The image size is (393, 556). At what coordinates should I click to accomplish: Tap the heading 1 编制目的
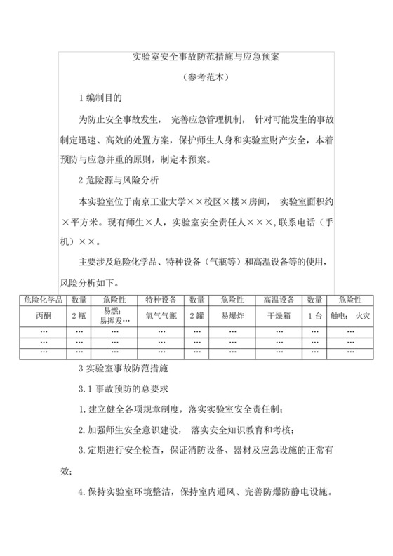coord(103,96)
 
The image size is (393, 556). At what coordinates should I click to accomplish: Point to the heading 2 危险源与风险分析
coord(119,180)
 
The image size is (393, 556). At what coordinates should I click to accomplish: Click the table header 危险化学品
coord(44,300)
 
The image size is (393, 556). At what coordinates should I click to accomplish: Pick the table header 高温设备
coord(279,300)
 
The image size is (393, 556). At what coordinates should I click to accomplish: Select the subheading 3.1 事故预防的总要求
coord(124,388)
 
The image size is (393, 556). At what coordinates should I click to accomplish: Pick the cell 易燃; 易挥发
coord(115,315)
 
